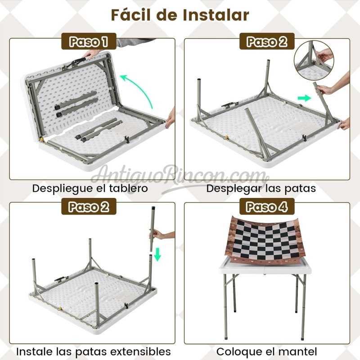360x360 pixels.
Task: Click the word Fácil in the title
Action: (x=131, y=15)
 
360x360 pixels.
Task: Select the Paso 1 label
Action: (x=89, y=41)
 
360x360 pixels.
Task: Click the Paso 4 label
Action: (x=267, y=207)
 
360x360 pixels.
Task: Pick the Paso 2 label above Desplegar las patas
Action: (x=267, y=41)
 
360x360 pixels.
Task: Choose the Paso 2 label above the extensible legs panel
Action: (x=89, y=207)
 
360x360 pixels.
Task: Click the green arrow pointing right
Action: (x=304, y=98)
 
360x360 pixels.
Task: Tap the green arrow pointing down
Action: (x=157, y=254)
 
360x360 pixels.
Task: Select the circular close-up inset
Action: (x=314, y=60)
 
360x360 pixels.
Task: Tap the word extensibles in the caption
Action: (x=140, y=351)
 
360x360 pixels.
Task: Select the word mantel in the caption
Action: (x=298, y=351)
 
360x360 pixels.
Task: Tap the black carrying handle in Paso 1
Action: (x=78, y=61)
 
